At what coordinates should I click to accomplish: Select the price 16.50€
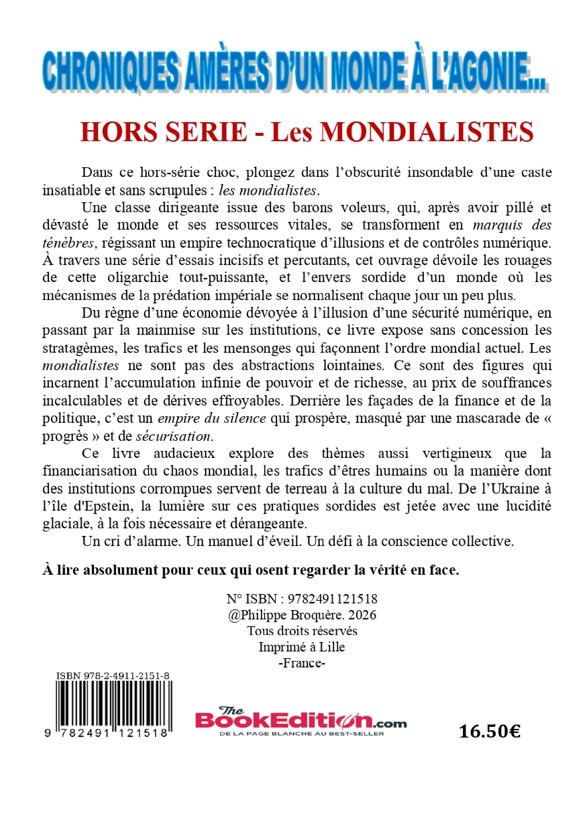coord(490,732)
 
